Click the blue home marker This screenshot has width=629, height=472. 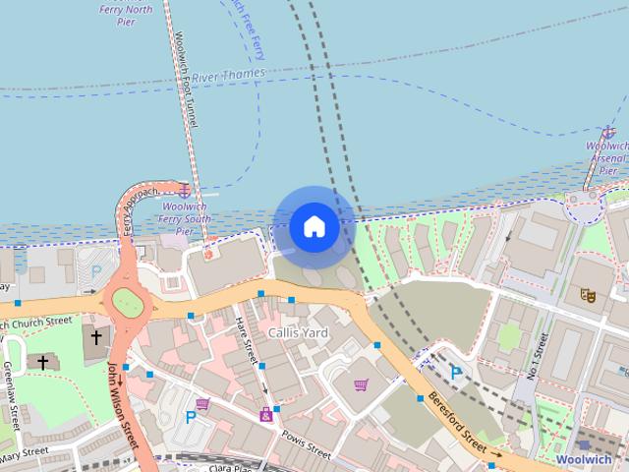[x=314, y=226]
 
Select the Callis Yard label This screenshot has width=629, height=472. [x=298, y=333]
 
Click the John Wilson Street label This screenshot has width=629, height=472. [x=126, y=401]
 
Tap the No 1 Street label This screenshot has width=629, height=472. [x=537, y=354]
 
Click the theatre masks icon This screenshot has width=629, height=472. [x=588, y=293]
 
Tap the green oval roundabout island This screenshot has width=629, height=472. [x=126, y=302]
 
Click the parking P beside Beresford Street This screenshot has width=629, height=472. [x=456, y=373]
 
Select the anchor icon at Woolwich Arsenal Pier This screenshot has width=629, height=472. [x=610, y=133]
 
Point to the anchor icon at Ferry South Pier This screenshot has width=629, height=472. [x=184, y=188]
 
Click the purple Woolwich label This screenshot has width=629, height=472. [x=583, y=459]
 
